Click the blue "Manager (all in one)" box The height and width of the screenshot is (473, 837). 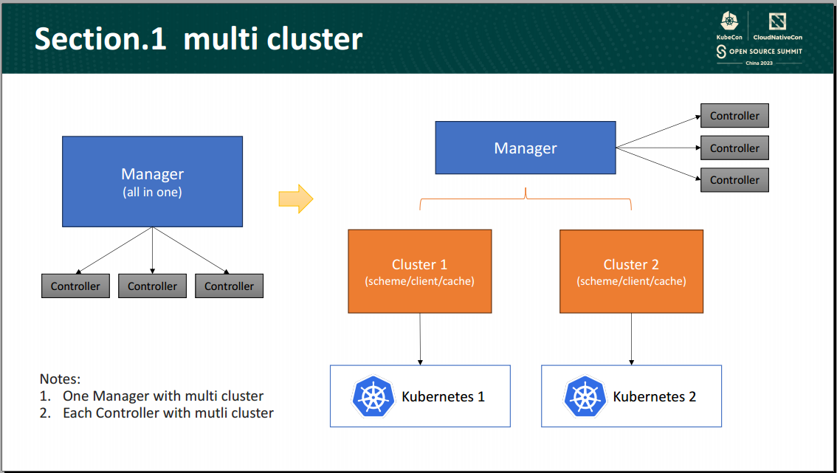click(152, 181)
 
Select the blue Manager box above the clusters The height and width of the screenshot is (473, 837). click(525, 148)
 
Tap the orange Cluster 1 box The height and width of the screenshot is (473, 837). click(419, 271)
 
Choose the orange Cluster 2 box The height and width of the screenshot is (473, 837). click(630, 271)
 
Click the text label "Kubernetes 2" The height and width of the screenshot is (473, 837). click(654, 397)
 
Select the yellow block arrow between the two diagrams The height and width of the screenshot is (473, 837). click(295, 199)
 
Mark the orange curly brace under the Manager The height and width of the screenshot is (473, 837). click(526, 198)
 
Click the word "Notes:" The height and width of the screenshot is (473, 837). click(60, 379)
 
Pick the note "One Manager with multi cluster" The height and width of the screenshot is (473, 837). click(162, 396)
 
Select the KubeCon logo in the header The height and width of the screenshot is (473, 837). click(729, 26)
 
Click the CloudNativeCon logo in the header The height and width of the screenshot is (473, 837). click(776, 26)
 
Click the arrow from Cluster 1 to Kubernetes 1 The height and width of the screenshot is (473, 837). click(420, 339)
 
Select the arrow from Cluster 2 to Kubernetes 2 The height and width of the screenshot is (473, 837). click(631, 339)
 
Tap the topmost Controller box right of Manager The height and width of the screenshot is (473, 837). click(734, 116)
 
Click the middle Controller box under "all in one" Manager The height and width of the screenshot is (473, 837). click(152, 286)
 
